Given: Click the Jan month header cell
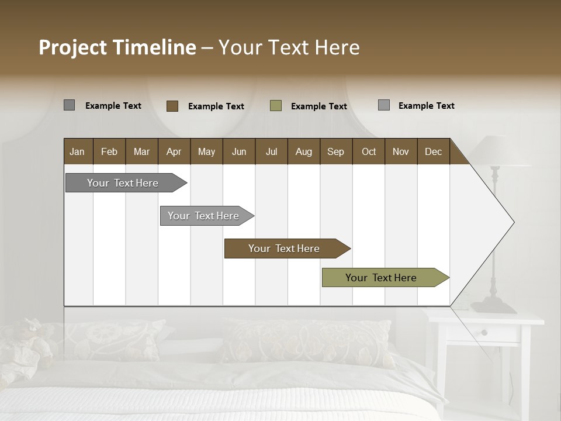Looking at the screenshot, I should pos(77,151).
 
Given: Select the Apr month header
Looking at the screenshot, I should pos(174,151).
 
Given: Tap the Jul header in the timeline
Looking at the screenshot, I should pos(271,151).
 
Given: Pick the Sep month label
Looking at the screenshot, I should pos(335,151).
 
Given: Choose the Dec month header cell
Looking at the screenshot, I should pos(433,151).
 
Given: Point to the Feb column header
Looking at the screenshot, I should pos(109,151).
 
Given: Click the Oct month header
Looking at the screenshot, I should pos(369,151).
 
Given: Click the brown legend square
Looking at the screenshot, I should pos(172,106).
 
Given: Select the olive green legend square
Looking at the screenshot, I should pos(276,106).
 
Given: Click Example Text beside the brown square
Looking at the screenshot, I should pos(216,106).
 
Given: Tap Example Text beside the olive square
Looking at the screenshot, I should pos(318,106).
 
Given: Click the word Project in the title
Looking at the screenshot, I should pos(73,47).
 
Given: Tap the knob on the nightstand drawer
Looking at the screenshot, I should pos(484,333).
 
